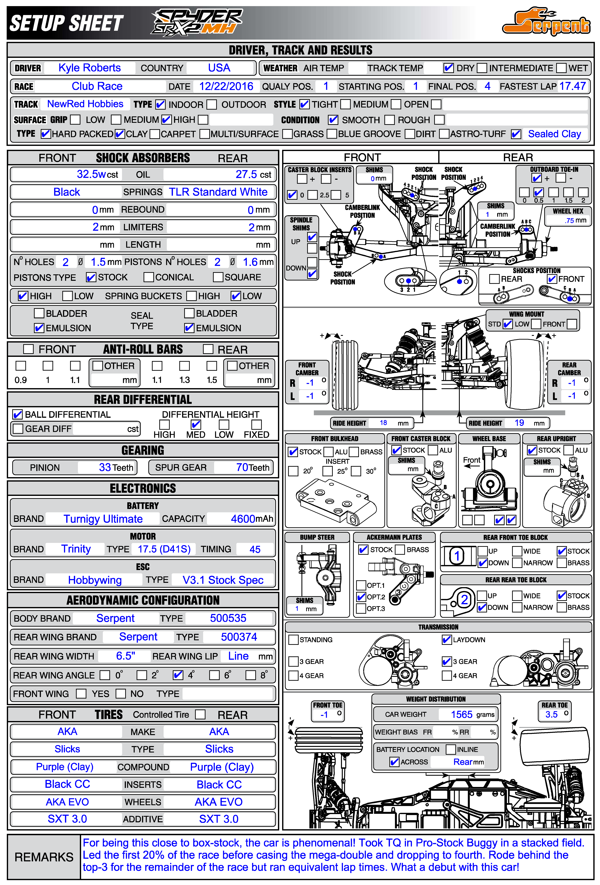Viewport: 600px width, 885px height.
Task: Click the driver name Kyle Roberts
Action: coord(90,68)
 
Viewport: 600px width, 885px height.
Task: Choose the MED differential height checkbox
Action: coord(196,424)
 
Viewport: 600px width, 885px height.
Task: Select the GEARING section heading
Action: coord(143,450)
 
